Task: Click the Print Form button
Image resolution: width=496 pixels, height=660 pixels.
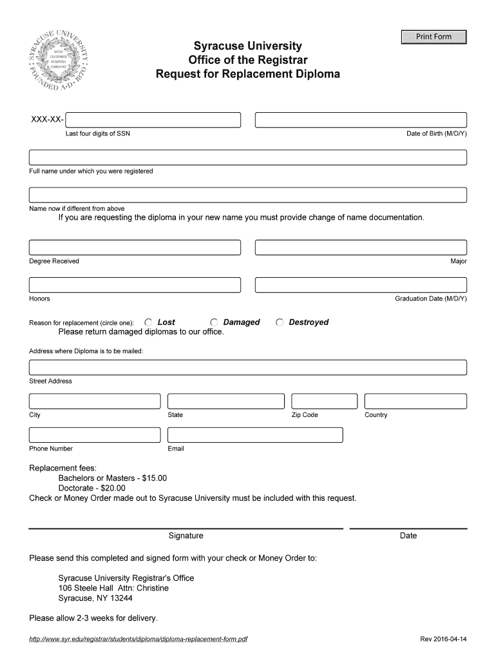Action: click(434, 37)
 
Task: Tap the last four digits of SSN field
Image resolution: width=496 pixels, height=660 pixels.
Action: click(153, 121)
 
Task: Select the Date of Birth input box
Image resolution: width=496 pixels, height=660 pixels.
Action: click(361, 121)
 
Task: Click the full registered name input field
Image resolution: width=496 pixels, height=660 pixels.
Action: click(247, 158)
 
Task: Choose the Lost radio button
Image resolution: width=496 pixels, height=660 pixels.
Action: click(148, 322)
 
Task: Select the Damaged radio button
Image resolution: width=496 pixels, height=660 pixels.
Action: click(214, 322)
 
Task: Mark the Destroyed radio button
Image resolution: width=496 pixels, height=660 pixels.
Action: click(280, 322)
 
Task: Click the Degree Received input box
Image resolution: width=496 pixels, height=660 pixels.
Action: click(135, 247)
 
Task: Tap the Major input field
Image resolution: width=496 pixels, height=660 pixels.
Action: click(361, 247)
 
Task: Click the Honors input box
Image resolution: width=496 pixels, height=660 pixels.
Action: click(135, 285)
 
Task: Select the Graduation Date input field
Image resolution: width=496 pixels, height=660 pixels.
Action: click(361, 285)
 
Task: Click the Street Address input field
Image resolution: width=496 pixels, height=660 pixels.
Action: click(247, 367)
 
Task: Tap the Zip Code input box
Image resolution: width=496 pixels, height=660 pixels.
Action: click(324, 401)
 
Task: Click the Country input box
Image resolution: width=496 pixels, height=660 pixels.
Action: click(415, 401)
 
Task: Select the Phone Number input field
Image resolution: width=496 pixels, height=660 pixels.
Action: click(94, 435)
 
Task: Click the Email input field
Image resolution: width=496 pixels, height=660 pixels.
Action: click(255, 435)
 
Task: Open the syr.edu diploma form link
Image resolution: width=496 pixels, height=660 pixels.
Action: click(138, 639)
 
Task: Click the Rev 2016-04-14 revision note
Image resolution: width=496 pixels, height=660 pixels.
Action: click(443, 639)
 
